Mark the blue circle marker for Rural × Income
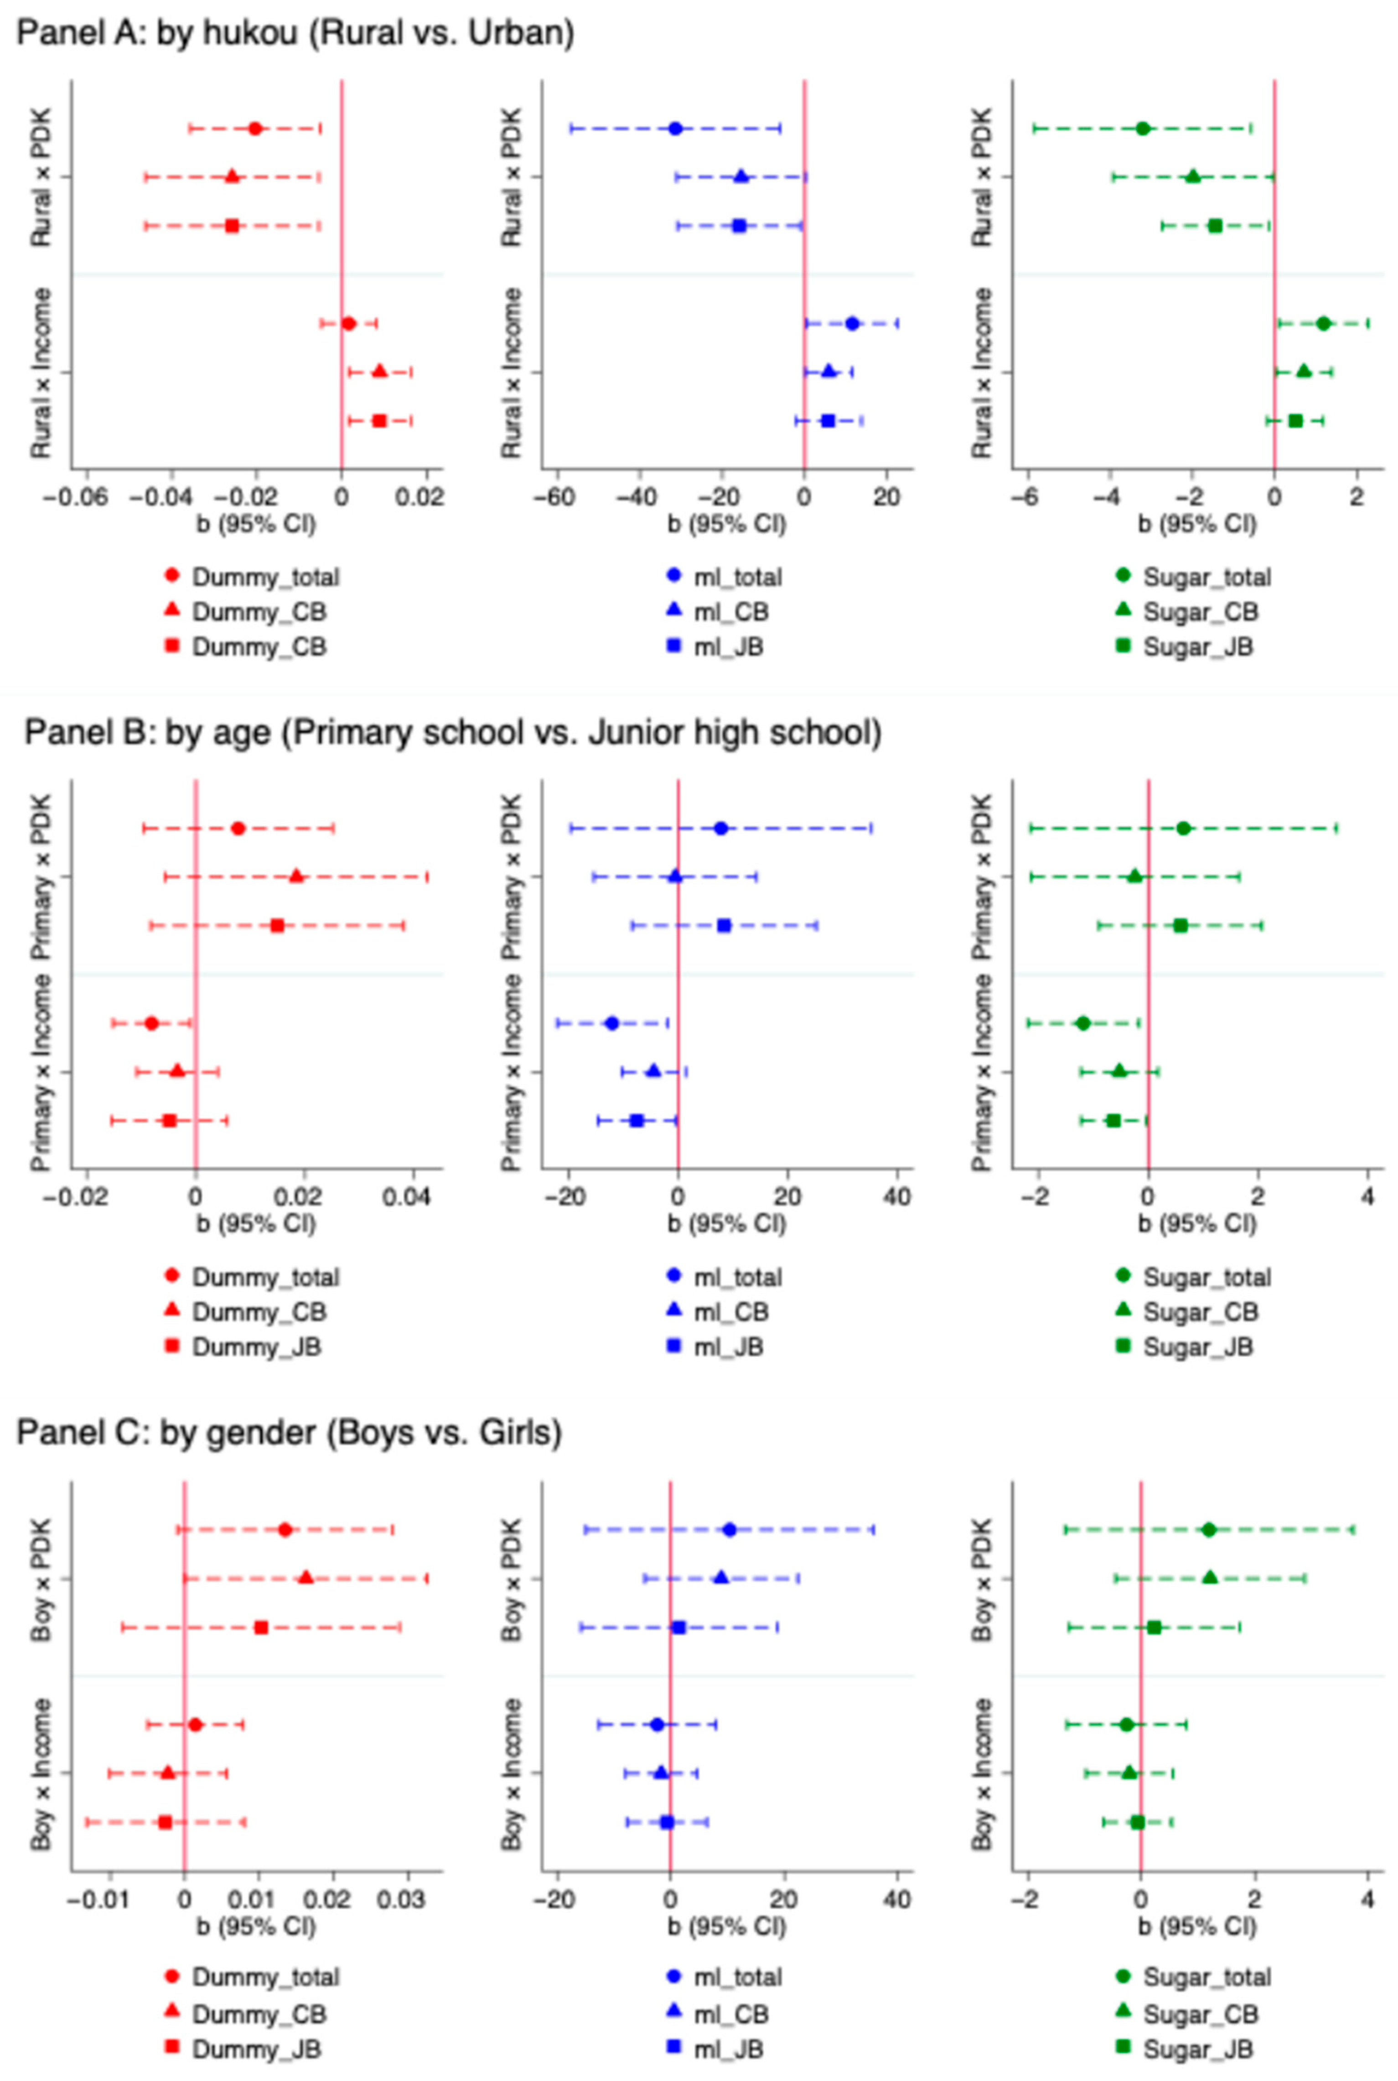851,323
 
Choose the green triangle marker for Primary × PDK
1134,876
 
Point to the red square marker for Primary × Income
170,1120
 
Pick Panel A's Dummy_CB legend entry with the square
259,647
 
